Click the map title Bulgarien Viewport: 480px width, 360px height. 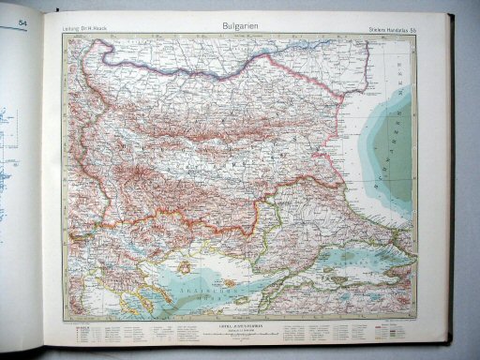(x=235, y=28)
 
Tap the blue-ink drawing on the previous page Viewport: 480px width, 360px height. (x=8, y=131)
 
